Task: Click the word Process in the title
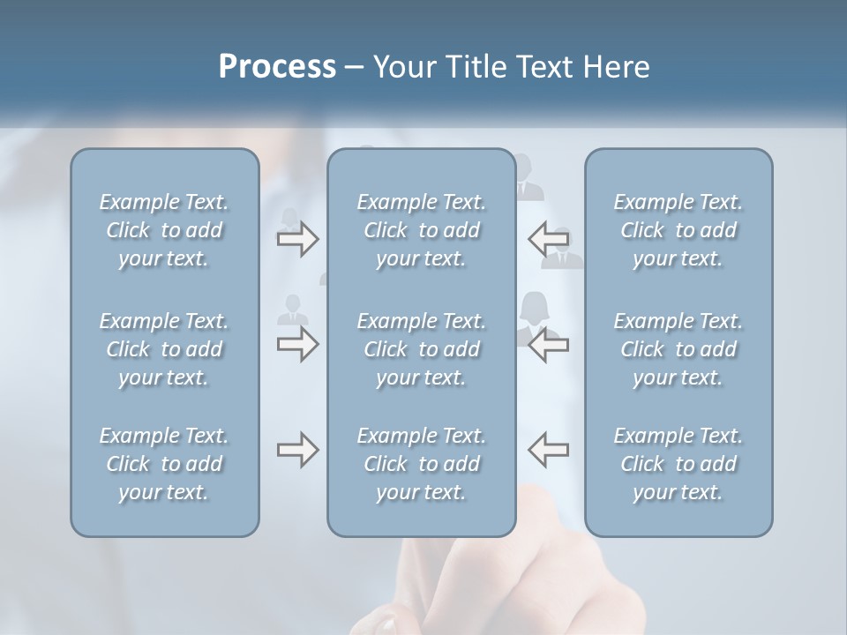277,67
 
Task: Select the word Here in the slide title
617,67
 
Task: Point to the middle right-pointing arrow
297,344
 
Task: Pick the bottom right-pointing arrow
297,450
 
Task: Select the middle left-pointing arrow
548,344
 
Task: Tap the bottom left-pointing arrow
548,450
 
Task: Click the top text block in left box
164,230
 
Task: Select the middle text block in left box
164,349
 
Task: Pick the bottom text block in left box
164,464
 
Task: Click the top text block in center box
421,230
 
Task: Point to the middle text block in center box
421,349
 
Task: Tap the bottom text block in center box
421,464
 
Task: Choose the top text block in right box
678,230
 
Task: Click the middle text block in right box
678,349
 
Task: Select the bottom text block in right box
678,464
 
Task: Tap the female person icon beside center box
534,314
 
